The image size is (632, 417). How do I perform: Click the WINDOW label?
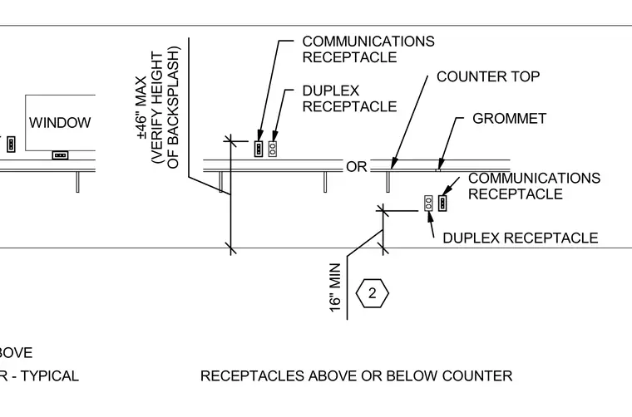[60, 123]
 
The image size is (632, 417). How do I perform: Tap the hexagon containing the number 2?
[372, 293]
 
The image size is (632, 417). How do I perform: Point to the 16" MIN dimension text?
[335, 287]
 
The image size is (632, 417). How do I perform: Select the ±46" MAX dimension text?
[142, 107]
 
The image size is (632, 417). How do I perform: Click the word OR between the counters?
[356, 167]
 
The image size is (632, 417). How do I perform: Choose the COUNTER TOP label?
[488, 76]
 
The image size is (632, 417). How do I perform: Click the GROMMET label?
[510, 118]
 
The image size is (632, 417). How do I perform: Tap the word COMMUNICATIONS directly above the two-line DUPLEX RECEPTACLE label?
[368, 42]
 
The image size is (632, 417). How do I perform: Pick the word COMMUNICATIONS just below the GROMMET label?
[534, 178]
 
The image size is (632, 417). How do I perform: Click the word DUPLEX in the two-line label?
[330, 91]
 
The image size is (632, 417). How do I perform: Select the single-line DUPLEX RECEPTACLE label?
[521, 238]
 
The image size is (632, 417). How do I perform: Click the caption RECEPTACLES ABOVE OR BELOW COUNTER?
[356, 376]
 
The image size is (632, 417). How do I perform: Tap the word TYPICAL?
[50, 376]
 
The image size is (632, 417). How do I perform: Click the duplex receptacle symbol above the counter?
[273, 149]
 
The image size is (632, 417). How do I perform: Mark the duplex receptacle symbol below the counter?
[428, 204]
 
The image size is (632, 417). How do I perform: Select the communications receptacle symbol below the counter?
[442, 204]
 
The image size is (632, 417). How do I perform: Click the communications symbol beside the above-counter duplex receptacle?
[259, 149]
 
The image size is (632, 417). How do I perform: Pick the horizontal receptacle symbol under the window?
[60, 155]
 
